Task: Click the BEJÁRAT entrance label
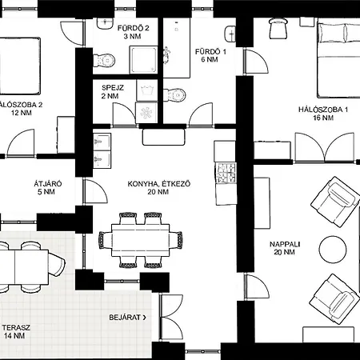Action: [128, 318]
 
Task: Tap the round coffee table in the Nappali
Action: [333, 250]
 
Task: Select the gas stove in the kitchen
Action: [226, 173]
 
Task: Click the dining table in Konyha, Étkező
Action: [140, 240]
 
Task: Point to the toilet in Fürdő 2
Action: [104, 61]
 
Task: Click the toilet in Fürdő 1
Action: [174, 94]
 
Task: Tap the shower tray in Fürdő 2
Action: [143, 60]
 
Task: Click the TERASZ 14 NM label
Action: [16, 331]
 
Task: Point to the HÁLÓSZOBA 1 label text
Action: [323, 110]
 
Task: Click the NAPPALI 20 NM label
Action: [285, 248]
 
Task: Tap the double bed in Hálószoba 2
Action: [19, 66]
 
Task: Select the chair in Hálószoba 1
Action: [278, 28]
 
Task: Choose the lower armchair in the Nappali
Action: [334, 299]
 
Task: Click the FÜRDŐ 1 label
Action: [210, 55]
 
